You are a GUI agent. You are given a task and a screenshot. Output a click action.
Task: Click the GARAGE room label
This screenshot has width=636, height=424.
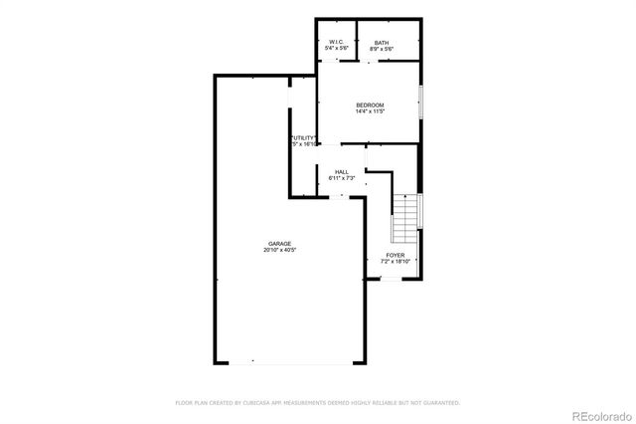tap(278, 243)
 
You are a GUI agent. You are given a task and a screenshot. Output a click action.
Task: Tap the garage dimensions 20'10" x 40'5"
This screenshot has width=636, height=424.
tap(279, 250)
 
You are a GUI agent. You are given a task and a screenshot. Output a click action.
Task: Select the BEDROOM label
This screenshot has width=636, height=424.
tap(370, 106)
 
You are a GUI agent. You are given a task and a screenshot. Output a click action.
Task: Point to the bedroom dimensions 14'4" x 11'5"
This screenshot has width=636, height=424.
tap(370, 111)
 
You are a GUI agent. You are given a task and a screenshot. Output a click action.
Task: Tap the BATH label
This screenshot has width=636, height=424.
tap(382, 43)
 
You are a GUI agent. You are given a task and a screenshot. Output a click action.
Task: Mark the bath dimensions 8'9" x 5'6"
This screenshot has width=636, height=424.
tap(382, 49)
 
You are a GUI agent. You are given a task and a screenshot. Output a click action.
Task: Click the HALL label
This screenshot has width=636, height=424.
tap(341, 171)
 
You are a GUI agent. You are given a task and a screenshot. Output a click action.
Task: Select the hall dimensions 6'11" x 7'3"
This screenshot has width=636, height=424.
tap(342, 178)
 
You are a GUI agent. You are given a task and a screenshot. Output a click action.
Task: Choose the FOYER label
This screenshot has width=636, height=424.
tap(395, 256)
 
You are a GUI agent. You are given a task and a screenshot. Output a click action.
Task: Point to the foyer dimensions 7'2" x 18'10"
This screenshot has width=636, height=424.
tap(396, 262)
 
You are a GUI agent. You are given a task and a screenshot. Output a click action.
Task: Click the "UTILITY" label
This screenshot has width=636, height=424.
tap(303, 137)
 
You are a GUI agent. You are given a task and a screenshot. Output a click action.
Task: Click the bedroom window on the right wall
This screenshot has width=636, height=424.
tap(421, 102)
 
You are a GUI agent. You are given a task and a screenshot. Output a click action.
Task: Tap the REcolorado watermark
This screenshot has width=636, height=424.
tap(599, 413)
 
